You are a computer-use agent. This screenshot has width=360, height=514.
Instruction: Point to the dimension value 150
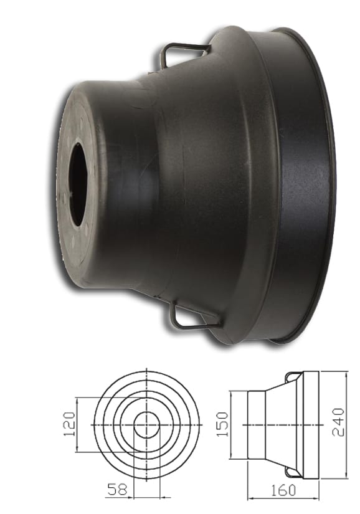click(x=224, y=424)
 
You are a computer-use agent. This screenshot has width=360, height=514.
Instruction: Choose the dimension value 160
click(x=283, y=490)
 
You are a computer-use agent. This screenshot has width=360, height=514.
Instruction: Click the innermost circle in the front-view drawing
click(x=147, y=425)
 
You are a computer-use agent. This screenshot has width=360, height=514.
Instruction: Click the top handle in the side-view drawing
click(x=292, y=376)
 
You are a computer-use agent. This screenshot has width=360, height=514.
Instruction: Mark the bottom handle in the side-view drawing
click(x=292, y=473)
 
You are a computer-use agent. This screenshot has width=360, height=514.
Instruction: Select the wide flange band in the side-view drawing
click(x=311, y=425)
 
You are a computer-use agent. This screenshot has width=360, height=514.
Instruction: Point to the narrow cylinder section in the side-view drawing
click(x=257, y=425)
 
